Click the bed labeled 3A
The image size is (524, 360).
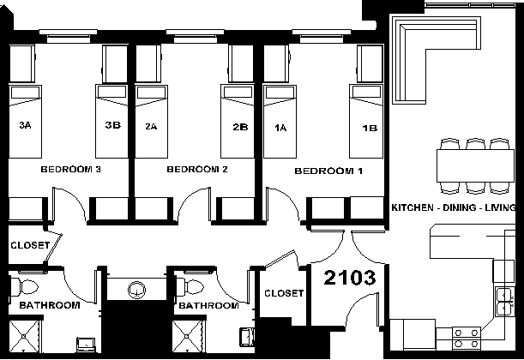(25, 122)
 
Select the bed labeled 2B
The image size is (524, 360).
(238, 121)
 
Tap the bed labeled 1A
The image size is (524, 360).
(280, 122)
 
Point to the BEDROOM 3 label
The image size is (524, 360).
(70, 170)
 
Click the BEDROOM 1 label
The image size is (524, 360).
(328, 171)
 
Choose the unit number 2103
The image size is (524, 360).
(350, 278)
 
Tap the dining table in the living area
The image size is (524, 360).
(475, 165)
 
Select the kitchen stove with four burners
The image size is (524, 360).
(467, 339)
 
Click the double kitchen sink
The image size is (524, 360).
(504, 303)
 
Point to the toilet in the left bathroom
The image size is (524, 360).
(24, 287)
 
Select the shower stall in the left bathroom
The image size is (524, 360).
(24, 336)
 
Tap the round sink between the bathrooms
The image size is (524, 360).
(136, 290)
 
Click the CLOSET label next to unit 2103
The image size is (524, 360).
(284, 293)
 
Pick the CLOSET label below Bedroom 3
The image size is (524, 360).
(30, 245)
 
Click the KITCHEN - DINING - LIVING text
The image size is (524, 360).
(453, 207)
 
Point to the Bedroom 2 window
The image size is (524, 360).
(196, 36)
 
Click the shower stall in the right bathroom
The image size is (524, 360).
(188, 336)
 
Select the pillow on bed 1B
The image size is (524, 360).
(366, 92)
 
